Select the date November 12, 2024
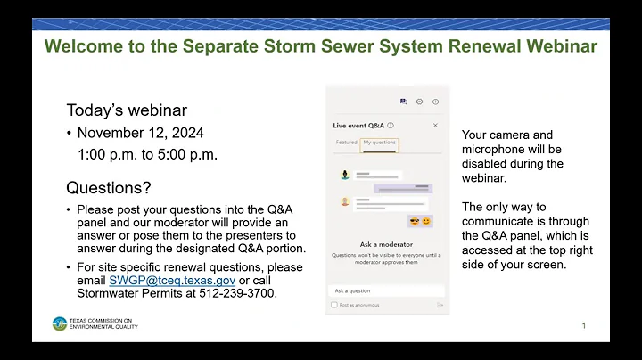click(x=140, y=133)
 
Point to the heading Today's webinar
click(x=127, y=110)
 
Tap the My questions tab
click(x=379, y=143)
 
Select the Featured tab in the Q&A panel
click(x=346, y=143)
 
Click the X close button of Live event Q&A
click(x=435, y=126)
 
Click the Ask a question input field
click(x=387, y=290)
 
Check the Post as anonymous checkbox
click(x=334, y=305)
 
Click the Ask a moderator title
click(x=387, y=243)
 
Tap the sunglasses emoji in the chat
click(x=414, y=221)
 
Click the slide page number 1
click(x=584, y=326)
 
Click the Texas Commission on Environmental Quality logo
click(x=60, y=323)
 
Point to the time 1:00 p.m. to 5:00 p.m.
click(x=147, y=154)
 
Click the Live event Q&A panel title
click(x=358, y=126)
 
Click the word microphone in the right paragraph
click(x=497, y=149)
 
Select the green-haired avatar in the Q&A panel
click(x=343, y=176)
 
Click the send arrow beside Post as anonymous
click(x=440, y=305)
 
